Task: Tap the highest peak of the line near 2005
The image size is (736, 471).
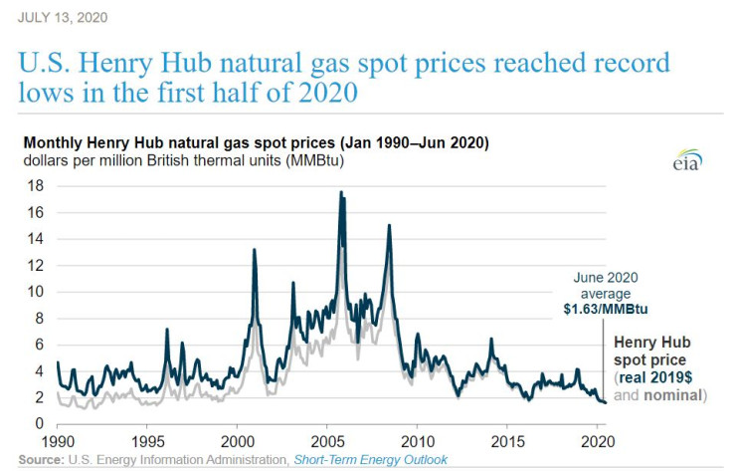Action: [x=341, y=192]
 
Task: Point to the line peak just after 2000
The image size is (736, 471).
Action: [x=255, y=249]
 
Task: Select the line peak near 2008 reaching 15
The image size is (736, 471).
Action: [x=389, y=225]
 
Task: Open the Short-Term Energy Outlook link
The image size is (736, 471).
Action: [x=369, y=459]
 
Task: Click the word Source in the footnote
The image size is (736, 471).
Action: [x=39, y=459]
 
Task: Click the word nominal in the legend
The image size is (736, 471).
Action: [x=672, y=395]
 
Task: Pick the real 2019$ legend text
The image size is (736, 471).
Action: [x=657, y=379]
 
